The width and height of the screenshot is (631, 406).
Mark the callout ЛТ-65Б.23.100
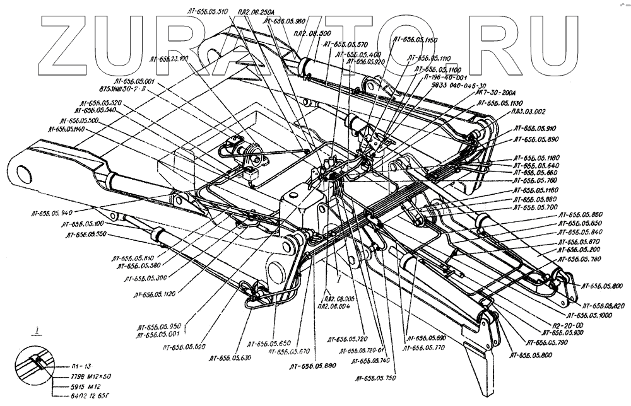[x=168, y=59]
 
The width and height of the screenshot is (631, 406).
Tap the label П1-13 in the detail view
[x=81, y=365]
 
